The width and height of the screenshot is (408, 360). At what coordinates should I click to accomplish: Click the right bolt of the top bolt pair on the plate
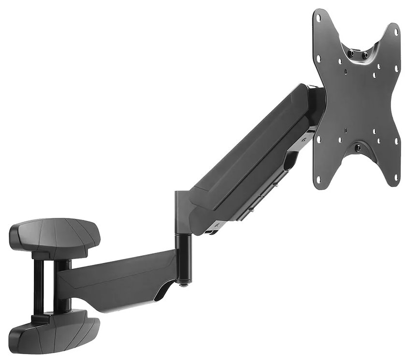click(365, 56)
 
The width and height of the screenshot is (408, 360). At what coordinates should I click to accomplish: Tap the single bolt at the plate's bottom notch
click(357, 148)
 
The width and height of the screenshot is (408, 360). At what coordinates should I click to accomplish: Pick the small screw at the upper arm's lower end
click(218, 226)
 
